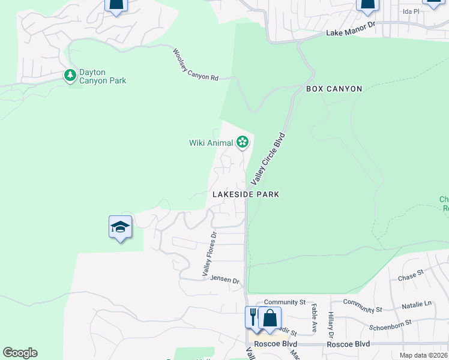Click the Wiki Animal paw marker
click(243, 142)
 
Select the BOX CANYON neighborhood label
click(334, 89)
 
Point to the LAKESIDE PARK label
click(246, 195)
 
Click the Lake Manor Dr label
click(350, 34)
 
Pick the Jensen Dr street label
click(225, 281)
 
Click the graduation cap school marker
click(120, 227)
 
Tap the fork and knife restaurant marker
click(253, 316)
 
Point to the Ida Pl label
click(411, 11)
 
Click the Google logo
click(20, 353)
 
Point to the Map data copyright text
click(423, 355)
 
